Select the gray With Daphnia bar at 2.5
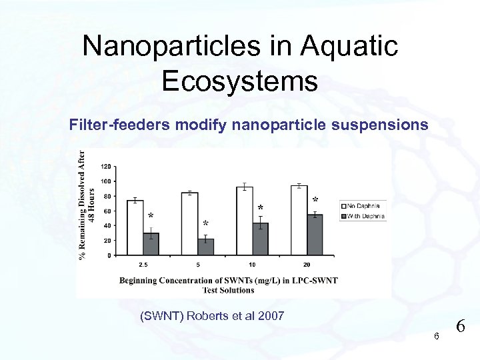tap(151, 244)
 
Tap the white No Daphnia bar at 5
tap(190, 224)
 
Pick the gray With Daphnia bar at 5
tap(206, 247)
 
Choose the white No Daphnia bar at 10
tap(245, 221)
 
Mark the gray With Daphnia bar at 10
tap(261, 239)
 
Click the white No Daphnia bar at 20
tap(299, 220)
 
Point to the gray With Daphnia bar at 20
tap(315, 235)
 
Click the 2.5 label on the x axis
tap(143, 265)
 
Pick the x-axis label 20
tap(307, 265)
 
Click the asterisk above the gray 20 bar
tap(315, 200)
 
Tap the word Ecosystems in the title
tap(239, 81)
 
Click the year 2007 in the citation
tap(270, 315)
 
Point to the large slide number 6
tap(460, 327)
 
